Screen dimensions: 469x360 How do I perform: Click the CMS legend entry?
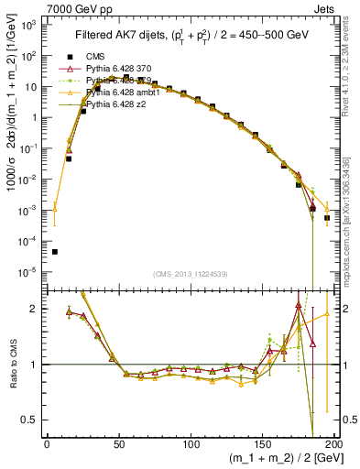click(99, 57)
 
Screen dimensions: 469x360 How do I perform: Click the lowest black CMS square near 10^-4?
click(55, 252)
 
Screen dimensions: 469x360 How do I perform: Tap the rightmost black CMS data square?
click(327, 218)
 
